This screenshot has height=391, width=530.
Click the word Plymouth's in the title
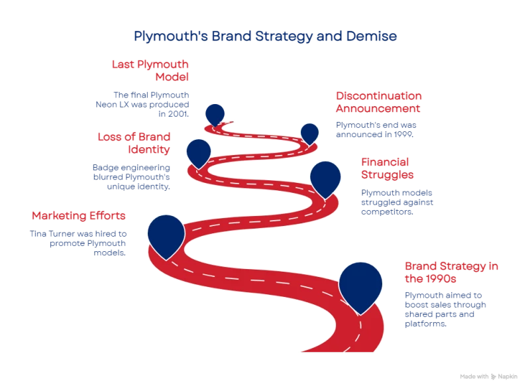click(171, 36)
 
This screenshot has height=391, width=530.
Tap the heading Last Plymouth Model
click(150, 70)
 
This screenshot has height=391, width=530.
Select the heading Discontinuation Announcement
click(378, 102)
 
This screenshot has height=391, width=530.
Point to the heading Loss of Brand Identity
click(134, 142)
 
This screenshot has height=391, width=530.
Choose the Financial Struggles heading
click(388, 168)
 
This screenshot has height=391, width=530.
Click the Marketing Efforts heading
click(79, 215)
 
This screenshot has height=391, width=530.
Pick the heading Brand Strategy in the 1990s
click(451, 272)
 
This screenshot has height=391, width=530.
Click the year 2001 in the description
click(178, 114)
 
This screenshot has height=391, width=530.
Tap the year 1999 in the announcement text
click(403, 135)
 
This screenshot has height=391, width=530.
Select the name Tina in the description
click(38, 234)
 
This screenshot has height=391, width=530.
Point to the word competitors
click(387, 211)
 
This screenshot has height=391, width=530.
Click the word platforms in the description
click(425, 323)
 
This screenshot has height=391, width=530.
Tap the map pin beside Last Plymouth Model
click(215, 115)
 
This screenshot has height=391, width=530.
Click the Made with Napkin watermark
click(488, 376)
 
